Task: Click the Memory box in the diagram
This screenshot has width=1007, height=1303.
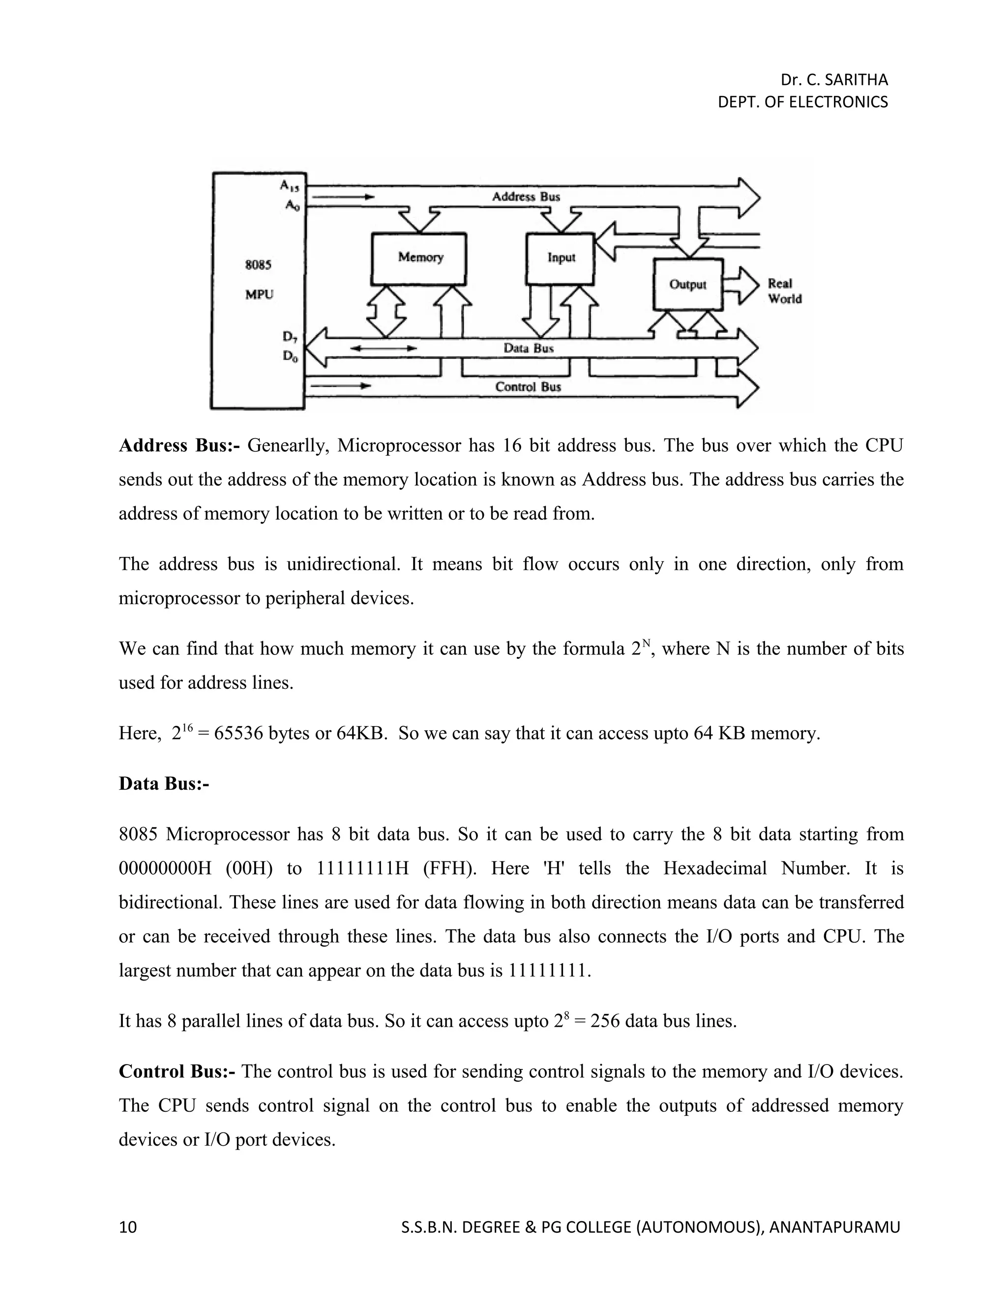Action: pos(419,258)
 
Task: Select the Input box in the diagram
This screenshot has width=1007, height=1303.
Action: pos(560,258)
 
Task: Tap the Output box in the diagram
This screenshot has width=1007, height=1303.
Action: pos(688,285)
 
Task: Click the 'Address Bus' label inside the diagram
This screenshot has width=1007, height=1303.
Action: pos(526,196)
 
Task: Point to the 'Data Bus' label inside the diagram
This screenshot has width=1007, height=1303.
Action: pos(528,348)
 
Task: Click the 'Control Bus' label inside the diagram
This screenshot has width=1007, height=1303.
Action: pos(528,386)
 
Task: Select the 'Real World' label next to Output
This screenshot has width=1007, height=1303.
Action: pos(784,291)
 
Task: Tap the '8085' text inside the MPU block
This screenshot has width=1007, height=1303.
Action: pos(258,265)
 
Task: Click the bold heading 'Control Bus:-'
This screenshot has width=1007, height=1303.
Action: pos(177,1071)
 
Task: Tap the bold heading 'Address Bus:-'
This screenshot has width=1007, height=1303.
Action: pos(179,445)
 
